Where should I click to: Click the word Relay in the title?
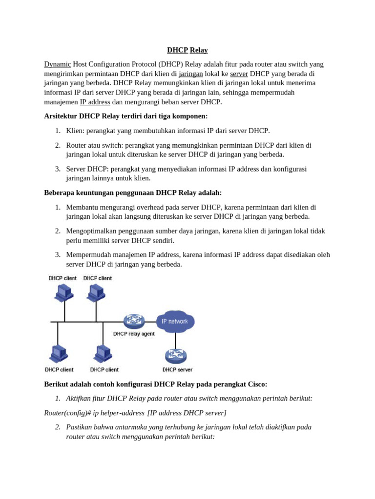(x=199, y=50)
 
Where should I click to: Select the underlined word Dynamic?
(x=58, y=64)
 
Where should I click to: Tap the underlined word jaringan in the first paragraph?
(x=190, y=74)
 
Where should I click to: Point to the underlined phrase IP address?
(x=95, y=102)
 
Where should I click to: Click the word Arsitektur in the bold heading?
(x=61, y=116)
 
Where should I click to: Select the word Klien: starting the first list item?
(x=76, y=131)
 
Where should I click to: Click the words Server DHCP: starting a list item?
(x=87, y=169)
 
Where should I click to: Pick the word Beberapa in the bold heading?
(x=60, y=192)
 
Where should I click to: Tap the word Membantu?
(x=83, y=207)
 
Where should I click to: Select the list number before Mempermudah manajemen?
(x=58, y=255)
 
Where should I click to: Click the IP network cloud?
(x=175, y=322)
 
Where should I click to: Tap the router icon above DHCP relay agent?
(x=134, y=321)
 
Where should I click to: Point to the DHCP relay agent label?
(x=134, y=334)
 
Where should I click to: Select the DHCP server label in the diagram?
(x=177, y=369)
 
